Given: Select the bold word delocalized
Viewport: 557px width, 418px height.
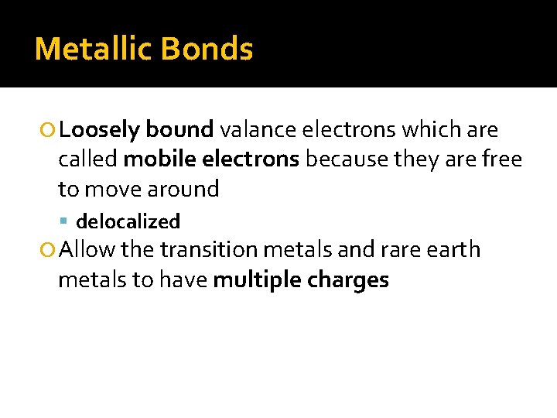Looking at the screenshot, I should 128,221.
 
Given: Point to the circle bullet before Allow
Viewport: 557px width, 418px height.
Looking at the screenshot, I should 49,250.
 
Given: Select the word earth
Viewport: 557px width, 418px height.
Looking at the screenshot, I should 453,250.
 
